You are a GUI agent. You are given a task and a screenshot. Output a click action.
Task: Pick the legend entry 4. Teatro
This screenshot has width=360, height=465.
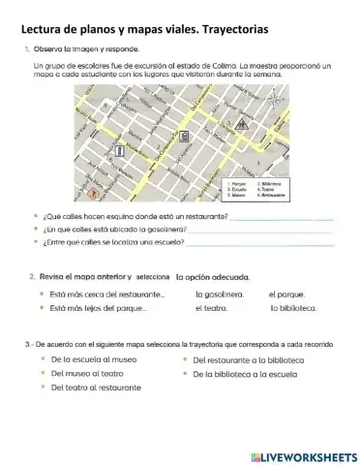pyautogui.click(x=268, y=188)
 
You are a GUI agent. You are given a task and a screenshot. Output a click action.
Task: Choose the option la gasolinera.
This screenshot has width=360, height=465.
pyautogui.click(x=219, y=293)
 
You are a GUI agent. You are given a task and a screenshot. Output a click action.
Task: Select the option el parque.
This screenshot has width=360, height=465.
pyautogui.click(x=286, y=293)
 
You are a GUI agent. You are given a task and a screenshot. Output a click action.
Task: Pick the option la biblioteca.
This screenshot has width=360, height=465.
pyautogui.click(x=294, y=308)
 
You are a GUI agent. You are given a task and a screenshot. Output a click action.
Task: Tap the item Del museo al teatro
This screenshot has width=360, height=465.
pyautogui.click(x=86, y=372)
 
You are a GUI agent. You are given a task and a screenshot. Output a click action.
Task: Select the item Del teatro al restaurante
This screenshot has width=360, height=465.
pyautogui.click(x=95, y=387)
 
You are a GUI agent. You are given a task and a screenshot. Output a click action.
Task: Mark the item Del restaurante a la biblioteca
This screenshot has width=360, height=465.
pyautogui.click(x=242, y=358)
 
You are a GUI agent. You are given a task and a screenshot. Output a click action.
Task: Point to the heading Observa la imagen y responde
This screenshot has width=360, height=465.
pyautogui.click(x=86, y=47)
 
